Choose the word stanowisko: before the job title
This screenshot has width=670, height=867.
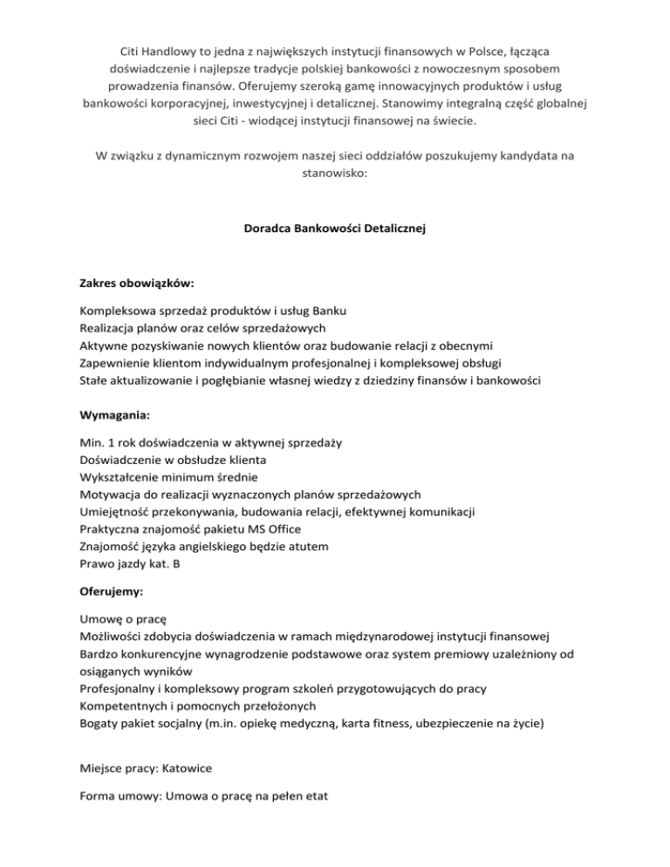click(335, 174)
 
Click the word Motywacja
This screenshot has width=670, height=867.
click(111, 494)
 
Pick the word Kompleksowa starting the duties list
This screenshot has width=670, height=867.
click(119, 311)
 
